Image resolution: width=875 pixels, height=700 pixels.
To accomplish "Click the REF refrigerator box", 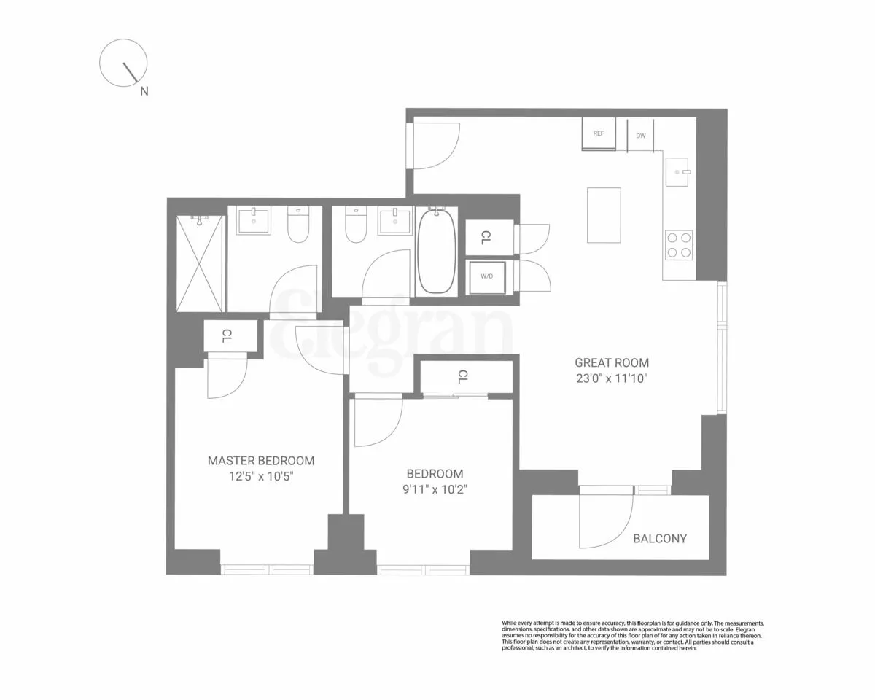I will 599,133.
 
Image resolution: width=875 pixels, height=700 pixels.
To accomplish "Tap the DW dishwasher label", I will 641,136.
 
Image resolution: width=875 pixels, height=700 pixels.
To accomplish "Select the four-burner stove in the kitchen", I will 679,244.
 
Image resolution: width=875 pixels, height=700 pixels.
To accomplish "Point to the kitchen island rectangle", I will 604,215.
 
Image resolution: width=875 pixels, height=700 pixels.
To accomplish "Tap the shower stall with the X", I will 200,264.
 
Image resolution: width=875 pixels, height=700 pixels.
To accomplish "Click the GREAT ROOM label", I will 611,362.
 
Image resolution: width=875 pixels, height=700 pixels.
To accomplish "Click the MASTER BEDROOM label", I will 261,461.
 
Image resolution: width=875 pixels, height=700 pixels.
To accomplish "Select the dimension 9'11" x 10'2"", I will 435,489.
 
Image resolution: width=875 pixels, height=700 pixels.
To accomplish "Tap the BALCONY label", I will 659,539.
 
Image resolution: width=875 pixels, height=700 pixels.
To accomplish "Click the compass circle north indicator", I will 124,63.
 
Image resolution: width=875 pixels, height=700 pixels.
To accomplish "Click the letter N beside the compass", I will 144,92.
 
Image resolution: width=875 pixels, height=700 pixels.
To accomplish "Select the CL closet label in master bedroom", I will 227,335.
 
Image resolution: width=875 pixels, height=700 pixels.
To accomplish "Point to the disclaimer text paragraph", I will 633,635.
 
